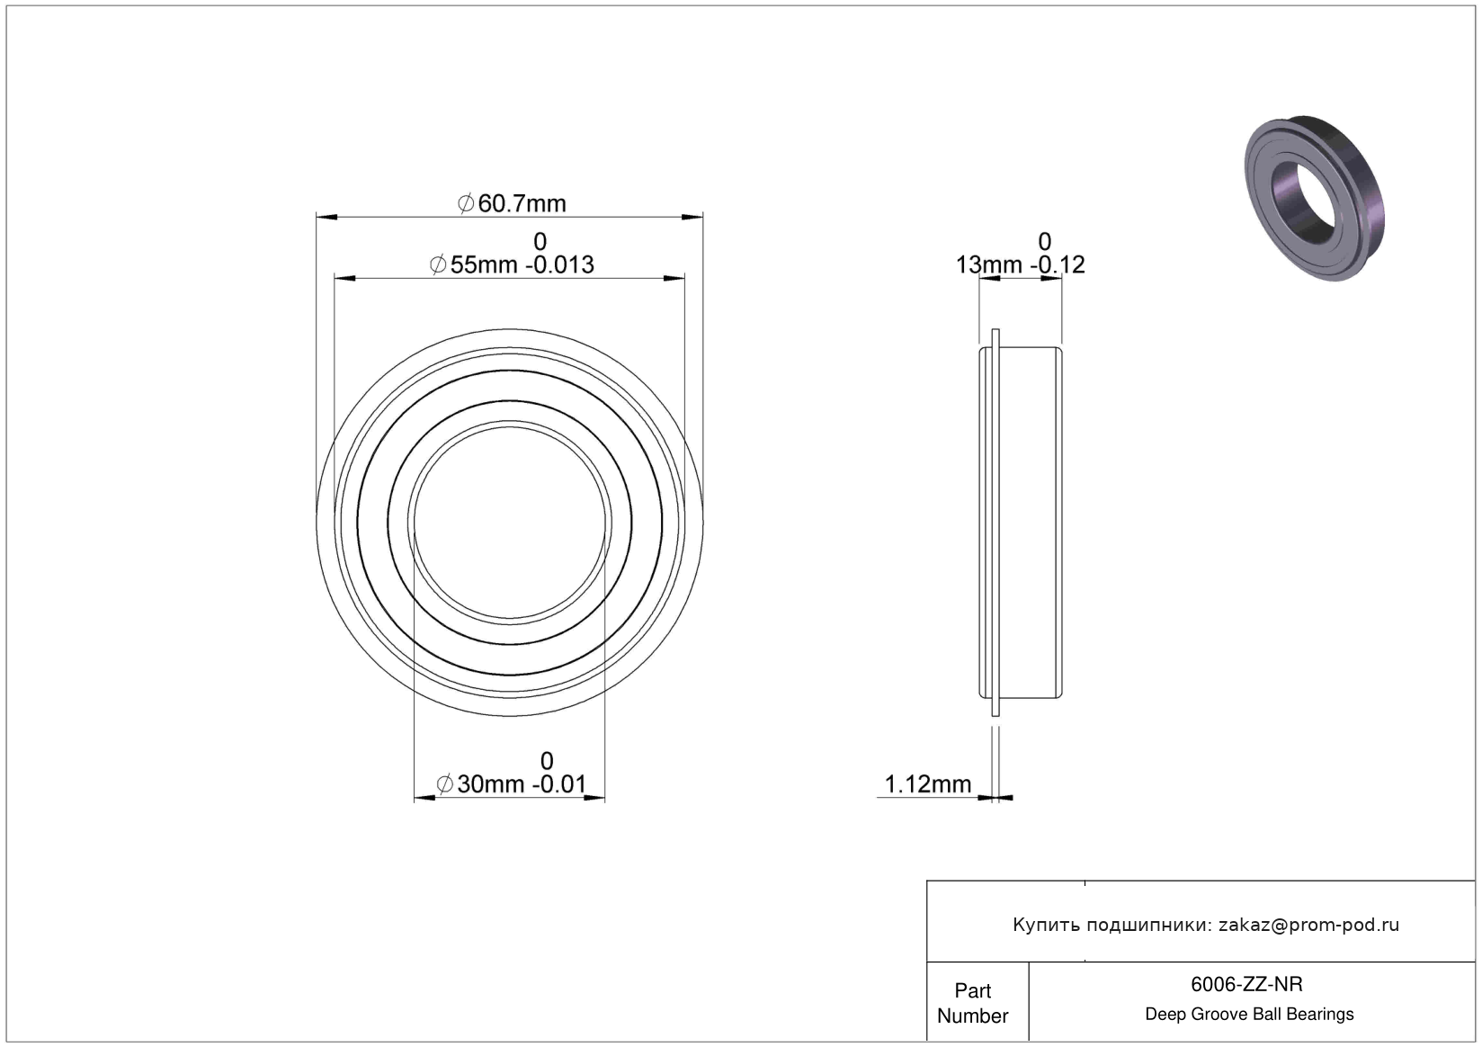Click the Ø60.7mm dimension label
[x=512, y=203]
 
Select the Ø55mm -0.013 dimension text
[x=512, y=264]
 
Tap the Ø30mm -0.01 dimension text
[x=512, y=784]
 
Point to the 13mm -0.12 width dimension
[x=1020, y=264]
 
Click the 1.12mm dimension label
[x=927, y=784]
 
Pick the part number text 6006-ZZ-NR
[x=1246, y=984]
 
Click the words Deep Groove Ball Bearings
[x=1249, y=1014]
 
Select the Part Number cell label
[x=973, y=1003]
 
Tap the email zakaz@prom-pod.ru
[x=1308, y=925]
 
